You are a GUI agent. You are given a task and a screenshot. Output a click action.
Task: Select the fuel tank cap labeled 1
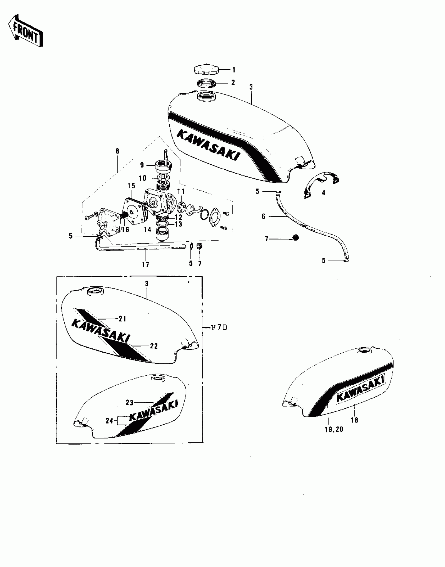tap(206, 70)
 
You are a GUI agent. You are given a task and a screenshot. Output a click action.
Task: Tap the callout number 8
tap(117, 151)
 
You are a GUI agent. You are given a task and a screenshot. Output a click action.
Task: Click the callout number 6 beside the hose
tap(263, 216)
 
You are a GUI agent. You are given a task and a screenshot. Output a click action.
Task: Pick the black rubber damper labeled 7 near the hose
tap(296, 238)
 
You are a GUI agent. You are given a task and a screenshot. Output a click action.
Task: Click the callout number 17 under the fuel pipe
tap(146, 265)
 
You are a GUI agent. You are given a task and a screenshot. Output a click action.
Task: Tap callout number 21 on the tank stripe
tap(123, 319)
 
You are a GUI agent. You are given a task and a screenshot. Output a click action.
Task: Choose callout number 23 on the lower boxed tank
tap(129, 403)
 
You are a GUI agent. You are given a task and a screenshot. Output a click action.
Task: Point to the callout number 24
tap(109, 421)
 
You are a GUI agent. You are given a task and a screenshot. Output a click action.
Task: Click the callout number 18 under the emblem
tap(355, 420)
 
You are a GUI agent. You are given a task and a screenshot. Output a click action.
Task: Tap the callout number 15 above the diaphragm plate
tap(131, 186)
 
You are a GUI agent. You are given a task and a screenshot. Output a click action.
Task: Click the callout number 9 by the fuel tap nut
tap(142, 165)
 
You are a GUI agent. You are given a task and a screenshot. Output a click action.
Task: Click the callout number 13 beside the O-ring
tap(179, 224)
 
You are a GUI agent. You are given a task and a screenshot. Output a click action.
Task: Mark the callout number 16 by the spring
tap(125, 230)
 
